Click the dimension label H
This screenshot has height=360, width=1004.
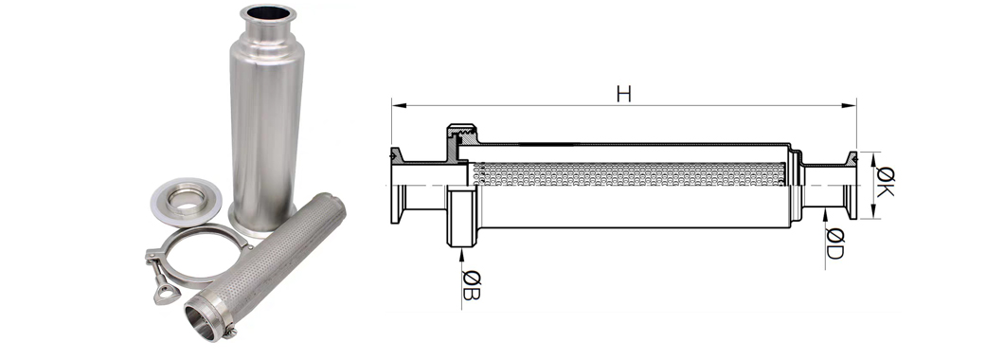click(623, 94)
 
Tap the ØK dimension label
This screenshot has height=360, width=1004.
click(886, 181)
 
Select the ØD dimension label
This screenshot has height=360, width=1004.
click(834, 243)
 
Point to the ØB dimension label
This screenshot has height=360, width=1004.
click(471, 285)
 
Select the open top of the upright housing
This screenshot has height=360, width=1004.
click(268, 12)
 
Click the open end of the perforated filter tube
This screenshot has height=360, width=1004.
click(201, 320)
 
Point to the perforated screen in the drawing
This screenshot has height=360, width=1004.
click(627, 174)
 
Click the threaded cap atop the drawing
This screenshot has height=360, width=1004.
click(461, 133)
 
